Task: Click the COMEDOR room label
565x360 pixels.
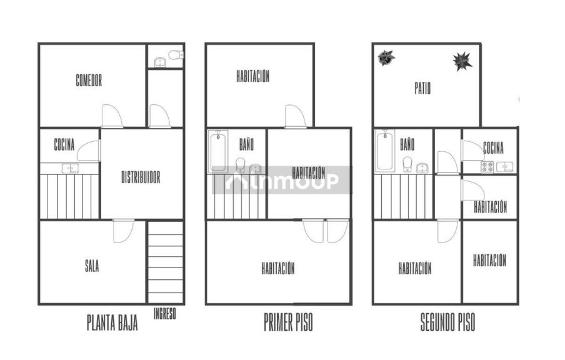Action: click(89, 80)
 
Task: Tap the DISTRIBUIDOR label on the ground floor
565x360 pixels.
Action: click(141, 177)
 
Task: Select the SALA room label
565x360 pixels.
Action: click(92, 266)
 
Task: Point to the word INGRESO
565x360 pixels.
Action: click(164, 314)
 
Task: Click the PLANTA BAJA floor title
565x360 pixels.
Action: click(112, 322)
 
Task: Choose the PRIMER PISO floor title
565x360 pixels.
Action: click(288, 322)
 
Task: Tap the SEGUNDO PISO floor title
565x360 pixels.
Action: click(447, 322)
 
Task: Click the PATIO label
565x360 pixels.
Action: click(422, 88)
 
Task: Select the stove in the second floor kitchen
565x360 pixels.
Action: click(487, 167)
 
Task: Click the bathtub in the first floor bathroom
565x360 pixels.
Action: click(218, 151)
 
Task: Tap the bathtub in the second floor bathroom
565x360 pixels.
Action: click(385, 150)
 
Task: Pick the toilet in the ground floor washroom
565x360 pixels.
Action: click(176, 55)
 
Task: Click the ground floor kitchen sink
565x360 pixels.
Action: click(70, 168)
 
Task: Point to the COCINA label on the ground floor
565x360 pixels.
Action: click(64, 144)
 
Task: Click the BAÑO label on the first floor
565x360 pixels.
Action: click(246, 144)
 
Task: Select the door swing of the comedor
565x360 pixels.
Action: click(112, 116)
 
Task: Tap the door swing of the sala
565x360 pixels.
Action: click(124, 231)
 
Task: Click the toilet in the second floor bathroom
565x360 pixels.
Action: click(407, 164)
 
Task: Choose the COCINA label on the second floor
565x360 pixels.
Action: click(493, 147)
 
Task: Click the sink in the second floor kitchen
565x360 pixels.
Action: click(505, 167)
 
